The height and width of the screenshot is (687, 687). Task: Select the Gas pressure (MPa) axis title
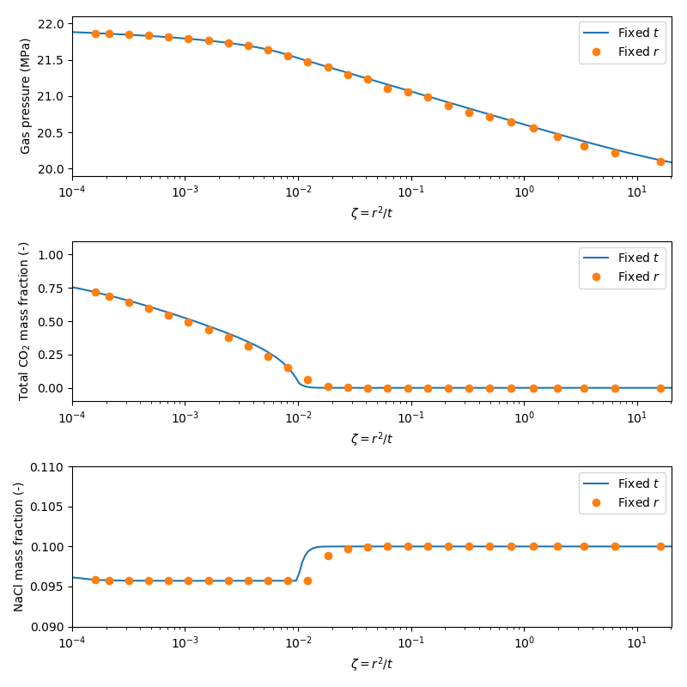(25, 96)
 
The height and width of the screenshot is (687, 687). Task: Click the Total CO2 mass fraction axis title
(25, 321)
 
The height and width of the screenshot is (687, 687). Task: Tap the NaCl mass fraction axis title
(19, 546)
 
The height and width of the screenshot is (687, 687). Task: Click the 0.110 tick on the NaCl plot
(48, 467)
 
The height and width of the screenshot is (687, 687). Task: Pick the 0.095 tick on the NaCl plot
(48, 587)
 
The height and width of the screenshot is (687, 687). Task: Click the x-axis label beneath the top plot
(371, 213)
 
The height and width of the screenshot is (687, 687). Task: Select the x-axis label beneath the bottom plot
(371, 663)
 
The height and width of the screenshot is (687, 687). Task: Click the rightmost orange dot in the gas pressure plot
(660, 161)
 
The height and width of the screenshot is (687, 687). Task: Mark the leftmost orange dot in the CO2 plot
(95, 292)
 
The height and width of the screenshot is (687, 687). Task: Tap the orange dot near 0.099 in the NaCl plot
(328, 556)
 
